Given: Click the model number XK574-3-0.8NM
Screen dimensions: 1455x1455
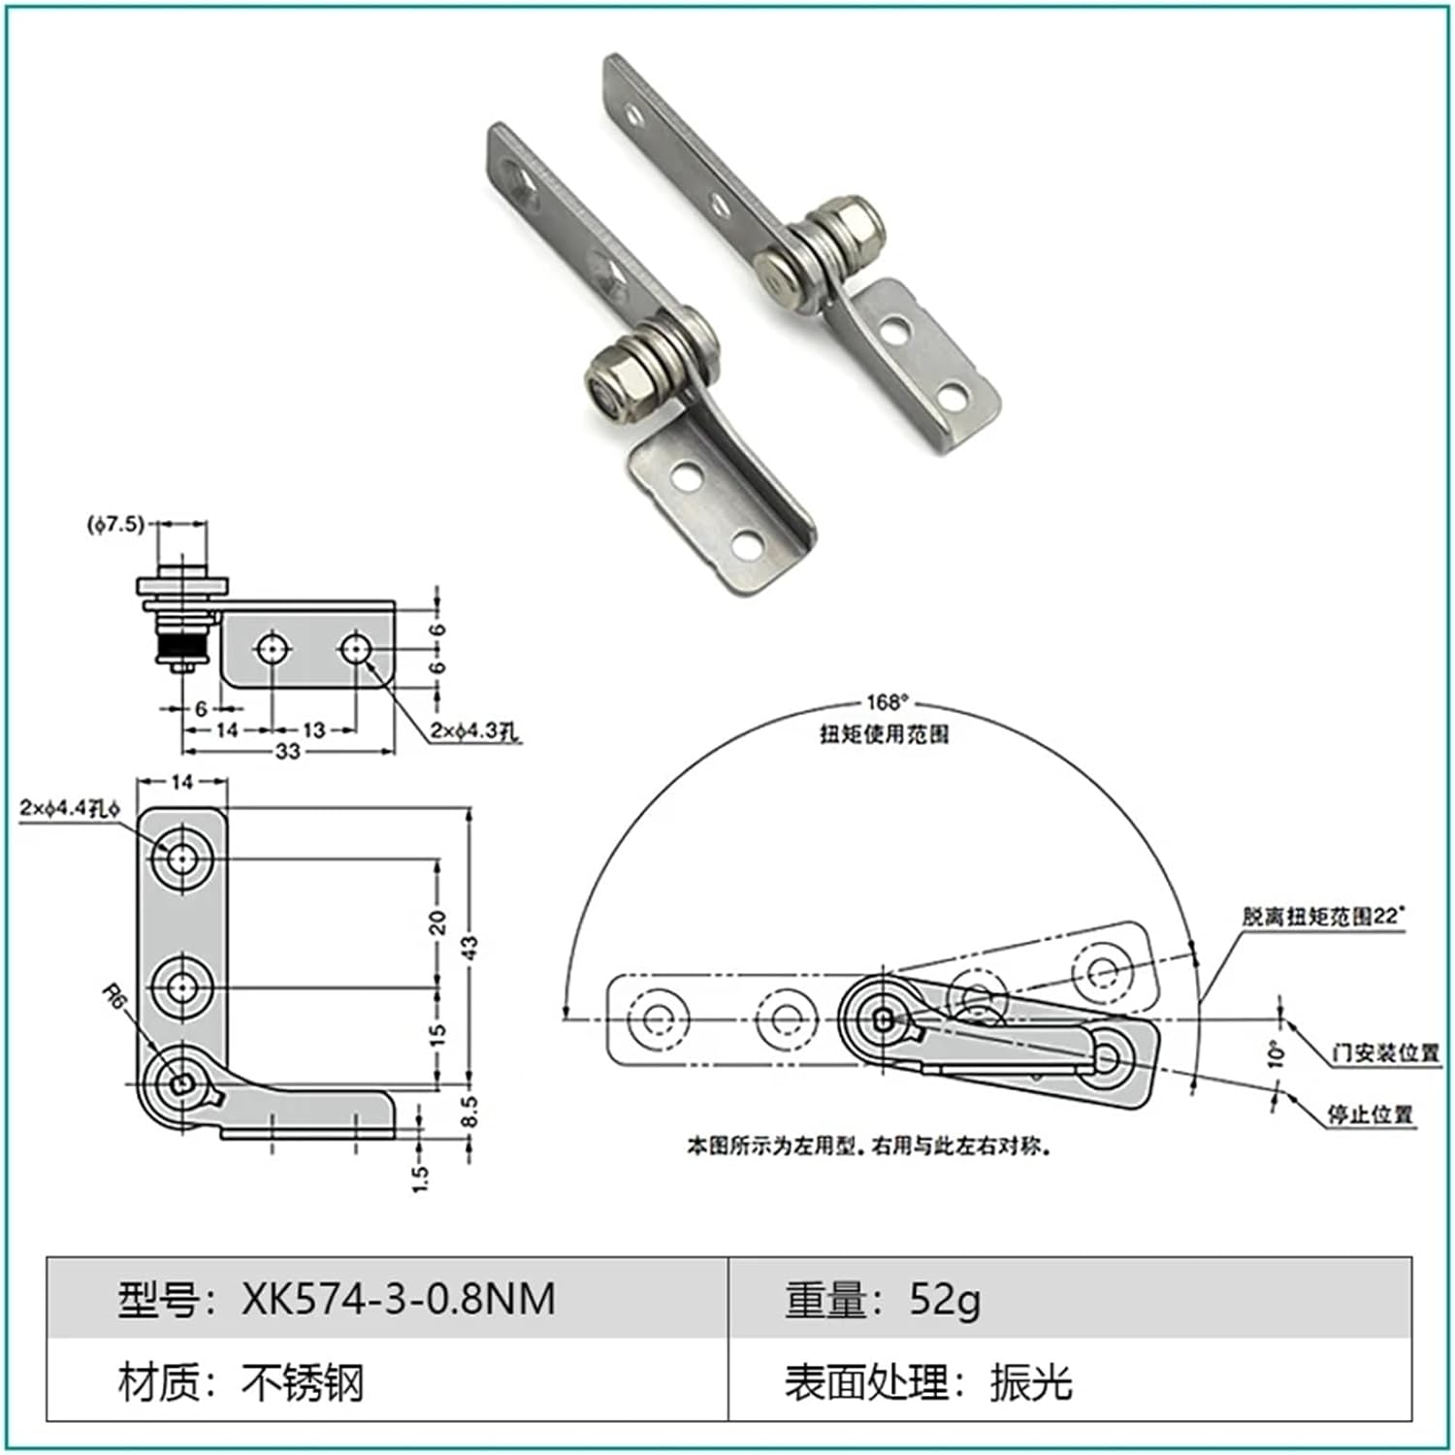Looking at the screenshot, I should (398, 1298).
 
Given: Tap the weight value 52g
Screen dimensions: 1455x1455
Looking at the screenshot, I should (944, 1298).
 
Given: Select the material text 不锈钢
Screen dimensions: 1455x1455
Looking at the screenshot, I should (302, 1381).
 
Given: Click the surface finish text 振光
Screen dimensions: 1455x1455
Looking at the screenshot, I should (1030, 1381).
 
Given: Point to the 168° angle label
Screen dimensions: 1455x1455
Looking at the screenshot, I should (887, 702).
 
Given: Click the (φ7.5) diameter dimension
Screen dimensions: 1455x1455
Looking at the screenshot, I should (115, 525).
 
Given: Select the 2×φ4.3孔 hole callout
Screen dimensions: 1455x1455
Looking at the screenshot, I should (474, 731).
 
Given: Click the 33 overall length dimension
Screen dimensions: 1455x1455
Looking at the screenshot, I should (288, 752).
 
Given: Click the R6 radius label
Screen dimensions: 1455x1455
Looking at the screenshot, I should (115, 997).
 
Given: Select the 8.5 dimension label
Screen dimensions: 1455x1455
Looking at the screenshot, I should (469, 1112).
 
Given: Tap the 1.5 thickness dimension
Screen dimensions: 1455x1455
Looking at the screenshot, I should (420, 1177).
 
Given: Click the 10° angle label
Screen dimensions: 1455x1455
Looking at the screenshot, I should (1277, 1053).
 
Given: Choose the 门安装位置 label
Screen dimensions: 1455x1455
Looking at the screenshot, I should (1385, 1052).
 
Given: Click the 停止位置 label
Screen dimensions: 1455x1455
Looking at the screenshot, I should (1370, 1115).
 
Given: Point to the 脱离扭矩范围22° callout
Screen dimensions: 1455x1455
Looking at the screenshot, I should (1323, 916).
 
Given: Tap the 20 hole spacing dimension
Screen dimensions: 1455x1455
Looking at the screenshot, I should (437, 921).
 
